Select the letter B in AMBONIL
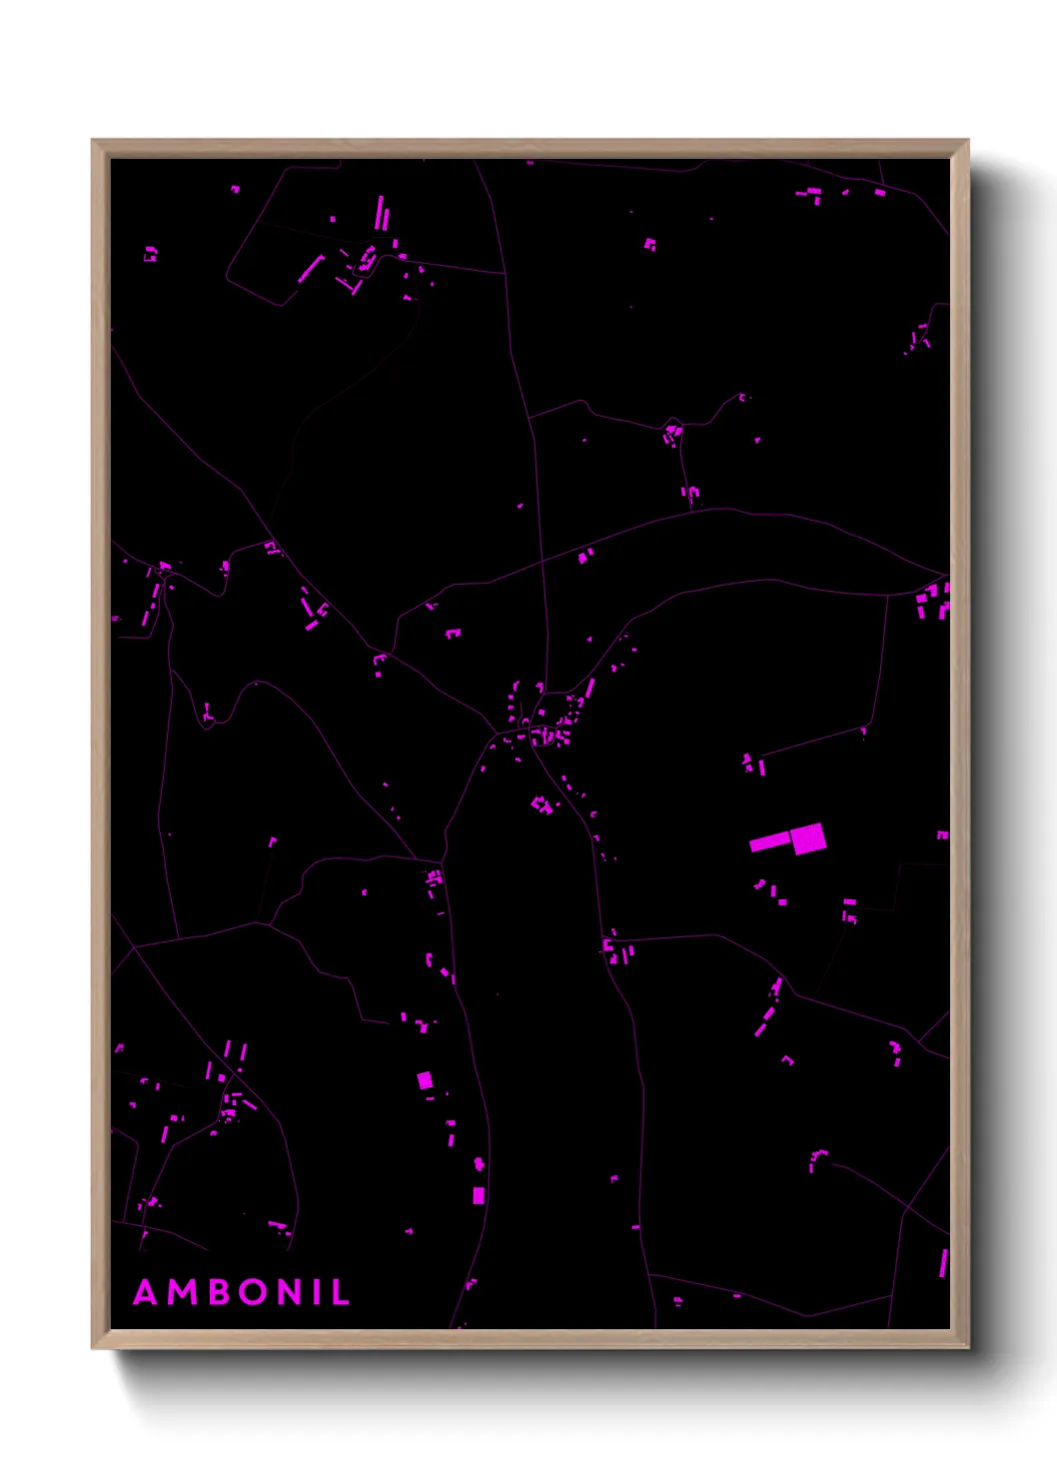pos(217,1292)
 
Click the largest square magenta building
pos(808,838)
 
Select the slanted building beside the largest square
pos(769,841)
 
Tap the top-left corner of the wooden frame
pos(93,141)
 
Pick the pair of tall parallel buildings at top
pos(381,214)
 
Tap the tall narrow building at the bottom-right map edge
pos(942,1262)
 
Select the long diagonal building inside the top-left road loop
pos(311,269)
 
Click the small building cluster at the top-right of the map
pos(814,193)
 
